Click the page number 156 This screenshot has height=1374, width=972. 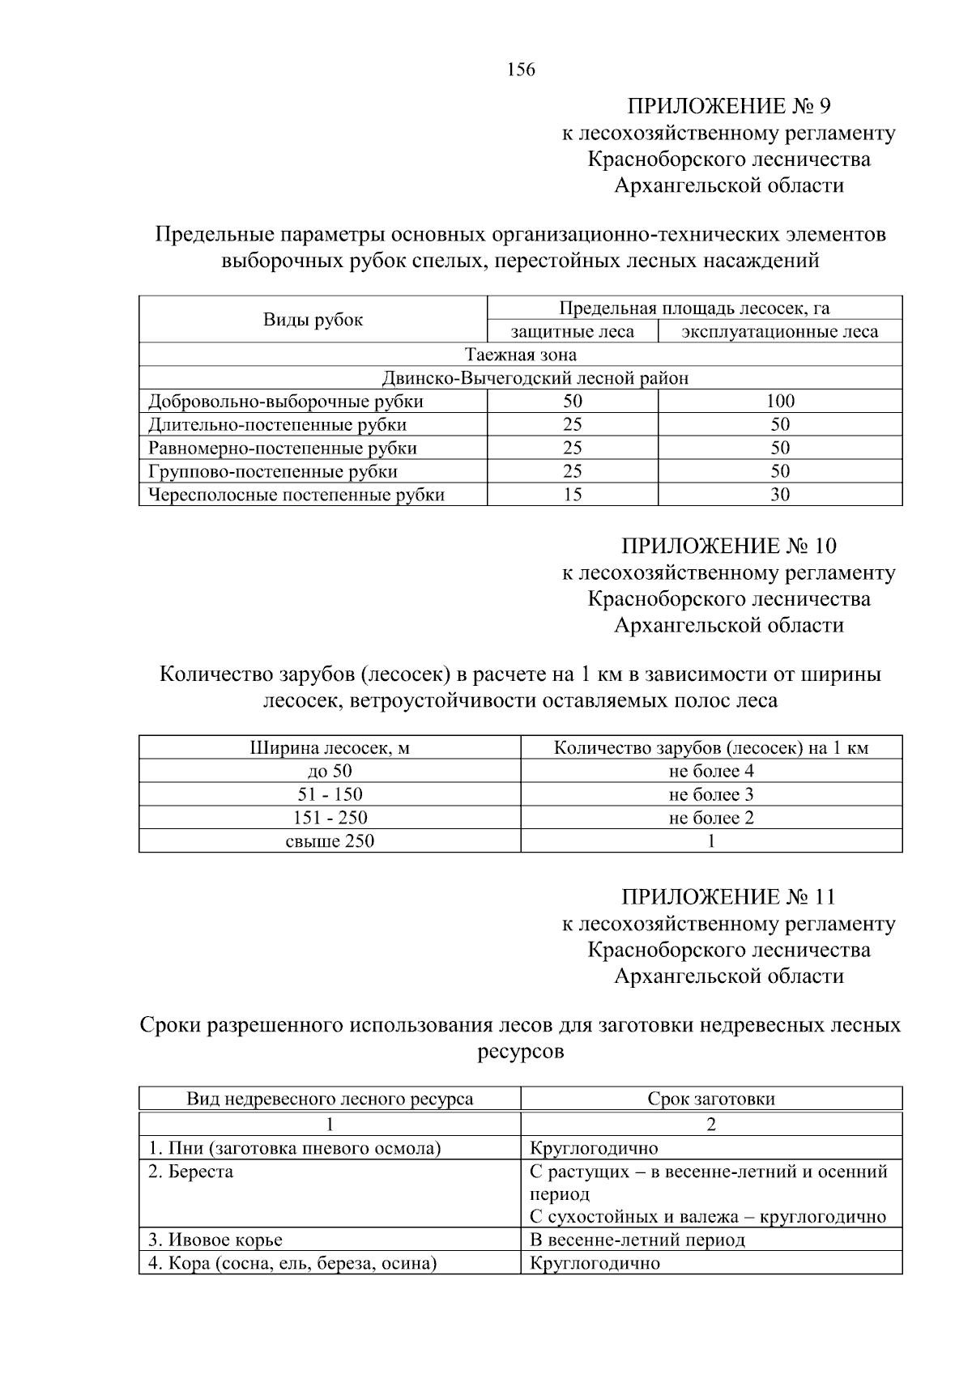(521, 70)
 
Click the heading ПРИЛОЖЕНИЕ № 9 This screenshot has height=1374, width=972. (729, 106)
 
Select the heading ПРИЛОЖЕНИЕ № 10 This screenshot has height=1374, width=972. (729, 546)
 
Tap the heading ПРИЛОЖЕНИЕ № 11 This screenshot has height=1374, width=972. (729, 897)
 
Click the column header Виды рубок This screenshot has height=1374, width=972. (313, 320)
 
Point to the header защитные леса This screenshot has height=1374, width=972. (572, 332)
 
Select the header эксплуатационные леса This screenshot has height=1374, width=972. (779, 332)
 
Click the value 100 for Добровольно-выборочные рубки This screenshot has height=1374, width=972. (779, 401)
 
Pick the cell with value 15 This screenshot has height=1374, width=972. (572, 495)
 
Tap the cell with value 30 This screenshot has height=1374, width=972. (779, 495)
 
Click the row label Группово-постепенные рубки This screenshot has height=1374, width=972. (273, 471)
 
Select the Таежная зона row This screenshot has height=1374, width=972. (520, 355)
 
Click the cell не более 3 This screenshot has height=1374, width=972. (710, 794)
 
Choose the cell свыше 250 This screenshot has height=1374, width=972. (330, 841)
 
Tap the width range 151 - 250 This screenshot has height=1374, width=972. (330, 818)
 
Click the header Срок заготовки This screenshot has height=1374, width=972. (710, 1099)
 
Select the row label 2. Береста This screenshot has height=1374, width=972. (191, 1172)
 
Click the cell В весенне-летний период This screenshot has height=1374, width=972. (637, 1240)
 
